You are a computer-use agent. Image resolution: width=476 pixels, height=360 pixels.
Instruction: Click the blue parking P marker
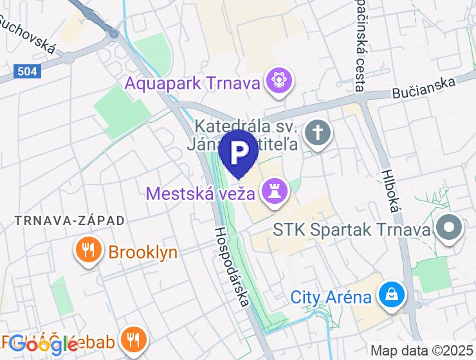[238, 152]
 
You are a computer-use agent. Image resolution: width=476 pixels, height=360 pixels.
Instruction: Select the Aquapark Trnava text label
[193, 83]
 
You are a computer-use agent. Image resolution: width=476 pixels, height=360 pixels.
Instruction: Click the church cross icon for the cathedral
[317, 133]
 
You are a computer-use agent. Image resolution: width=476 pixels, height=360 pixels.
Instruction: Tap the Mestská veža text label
[201, 193]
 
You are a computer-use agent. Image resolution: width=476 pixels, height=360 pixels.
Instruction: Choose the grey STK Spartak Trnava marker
[450, 228]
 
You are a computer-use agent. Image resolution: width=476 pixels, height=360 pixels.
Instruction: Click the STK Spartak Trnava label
[351, 230]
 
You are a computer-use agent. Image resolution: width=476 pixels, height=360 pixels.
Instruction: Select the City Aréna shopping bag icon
[390, 296]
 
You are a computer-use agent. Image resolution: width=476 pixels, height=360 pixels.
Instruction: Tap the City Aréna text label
[331, 297]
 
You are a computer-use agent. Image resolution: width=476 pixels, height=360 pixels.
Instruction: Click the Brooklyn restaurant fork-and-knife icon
[89, 251]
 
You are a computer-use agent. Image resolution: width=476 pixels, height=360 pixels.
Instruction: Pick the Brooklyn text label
[143, 252]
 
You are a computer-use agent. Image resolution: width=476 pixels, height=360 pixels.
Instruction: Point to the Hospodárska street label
[230, 265]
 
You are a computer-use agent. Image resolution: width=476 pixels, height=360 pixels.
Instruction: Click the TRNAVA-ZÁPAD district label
[69, 221]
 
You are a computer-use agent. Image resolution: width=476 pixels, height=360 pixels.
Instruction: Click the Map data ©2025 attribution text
[423, 351]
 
